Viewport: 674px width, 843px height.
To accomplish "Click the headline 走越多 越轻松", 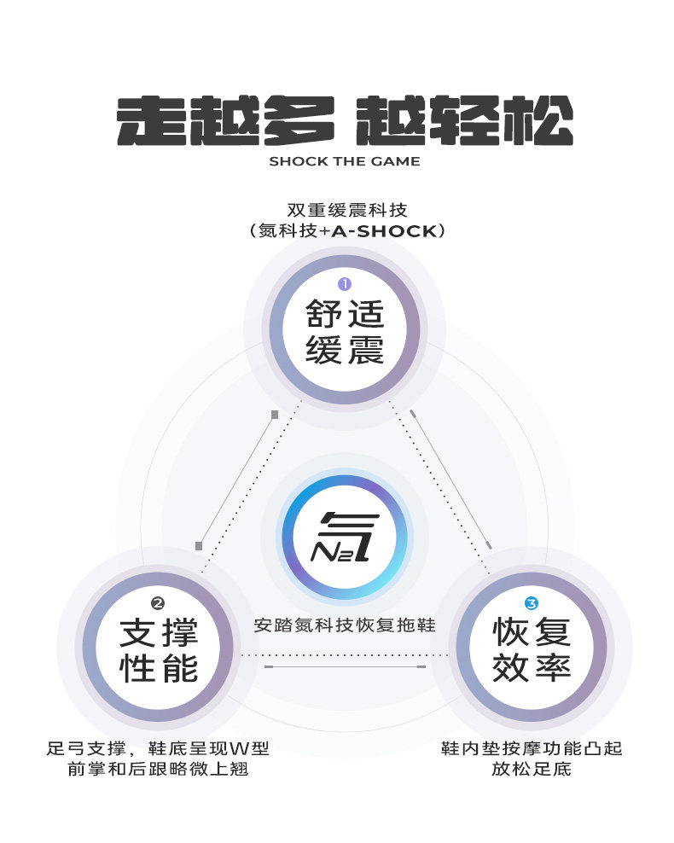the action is point(344,121).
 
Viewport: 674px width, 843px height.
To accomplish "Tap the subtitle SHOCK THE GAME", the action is point(344,161).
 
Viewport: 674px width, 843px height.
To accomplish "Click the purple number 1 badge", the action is point(345,284).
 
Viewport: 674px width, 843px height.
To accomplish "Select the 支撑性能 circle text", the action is point(159,651).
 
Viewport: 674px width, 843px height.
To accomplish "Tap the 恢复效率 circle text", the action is point(531,652).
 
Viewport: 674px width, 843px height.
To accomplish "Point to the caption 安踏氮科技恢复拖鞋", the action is point(345,625).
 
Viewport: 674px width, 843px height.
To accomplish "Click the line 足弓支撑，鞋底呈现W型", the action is point(158,749).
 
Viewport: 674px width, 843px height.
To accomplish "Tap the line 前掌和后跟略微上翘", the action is point(158,770).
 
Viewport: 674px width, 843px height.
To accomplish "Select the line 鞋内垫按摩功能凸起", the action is point(531,749).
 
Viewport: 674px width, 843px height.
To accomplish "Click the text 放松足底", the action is point(531,770).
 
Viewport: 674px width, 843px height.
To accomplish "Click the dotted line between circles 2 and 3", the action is point(345,655).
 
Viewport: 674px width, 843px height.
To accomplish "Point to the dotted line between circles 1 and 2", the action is point(247,491).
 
